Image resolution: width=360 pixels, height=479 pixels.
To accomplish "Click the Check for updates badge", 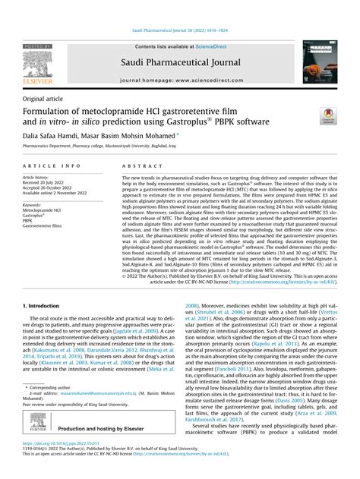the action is (327, 115).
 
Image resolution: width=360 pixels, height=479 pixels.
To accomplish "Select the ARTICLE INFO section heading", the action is (52, 165).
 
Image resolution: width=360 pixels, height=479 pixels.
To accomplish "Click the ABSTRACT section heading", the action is (139, 165).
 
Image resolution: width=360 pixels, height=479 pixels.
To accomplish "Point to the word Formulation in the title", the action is (47, 112).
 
